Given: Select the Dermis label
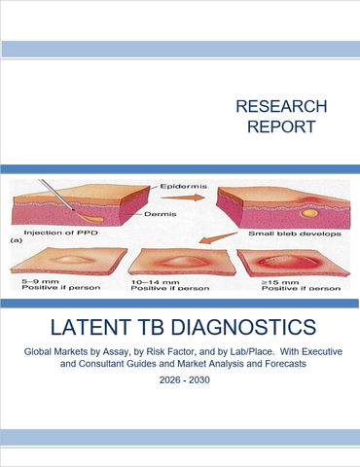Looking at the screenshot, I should coord(157,213).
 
